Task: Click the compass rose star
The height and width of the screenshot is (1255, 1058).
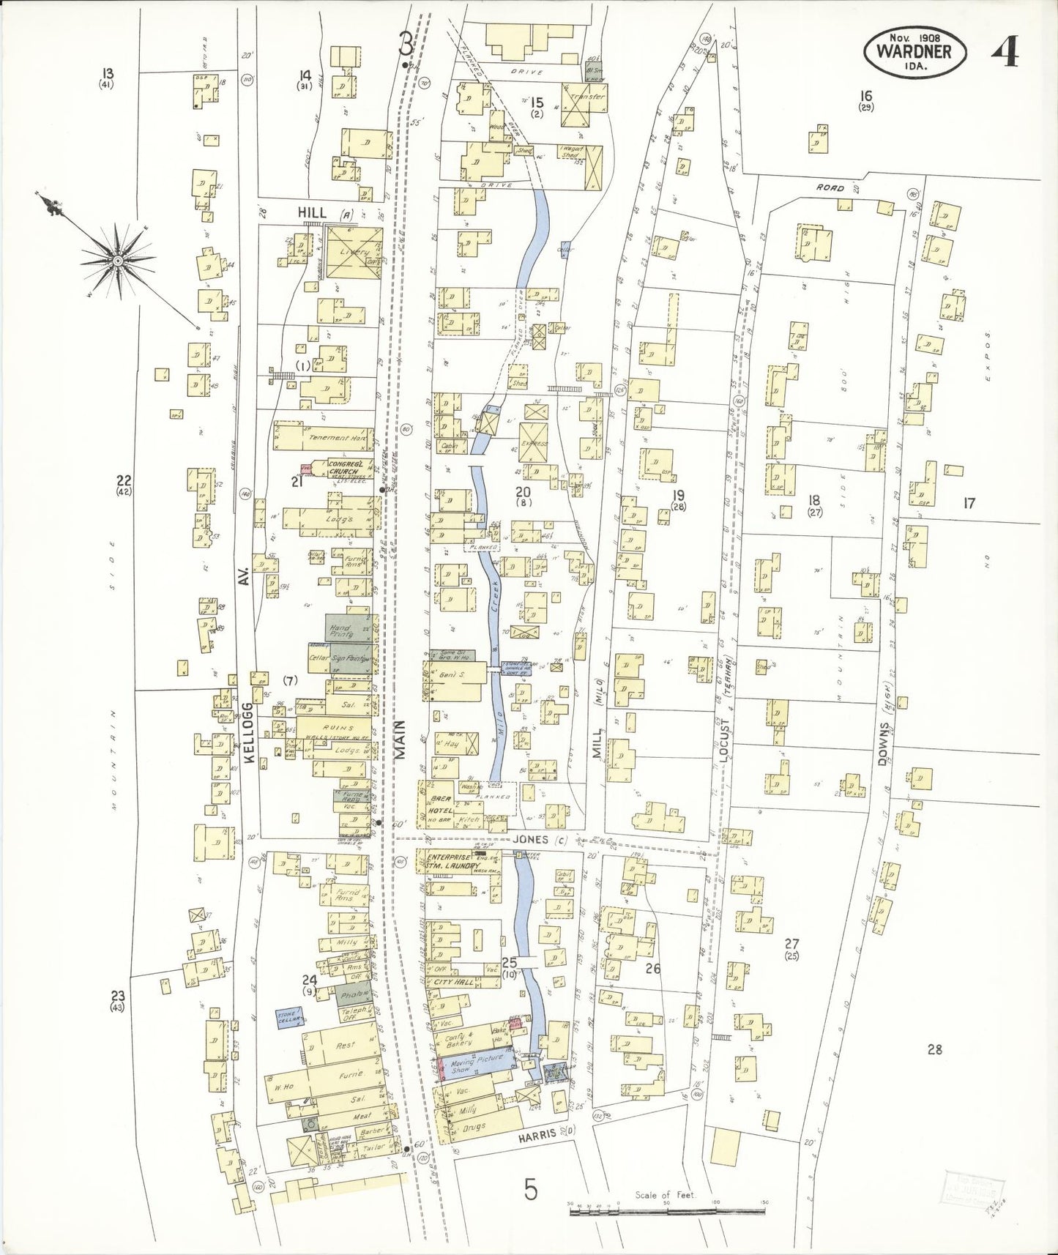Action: coord(117,260)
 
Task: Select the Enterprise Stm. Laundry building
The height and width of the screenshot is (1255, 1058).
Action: coord(454,861)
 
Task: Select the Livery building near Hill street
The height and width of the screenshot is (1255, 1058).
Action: coord(354,253)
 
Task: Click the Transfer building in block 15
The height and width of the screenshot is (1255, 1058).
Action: coord(586,97)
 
